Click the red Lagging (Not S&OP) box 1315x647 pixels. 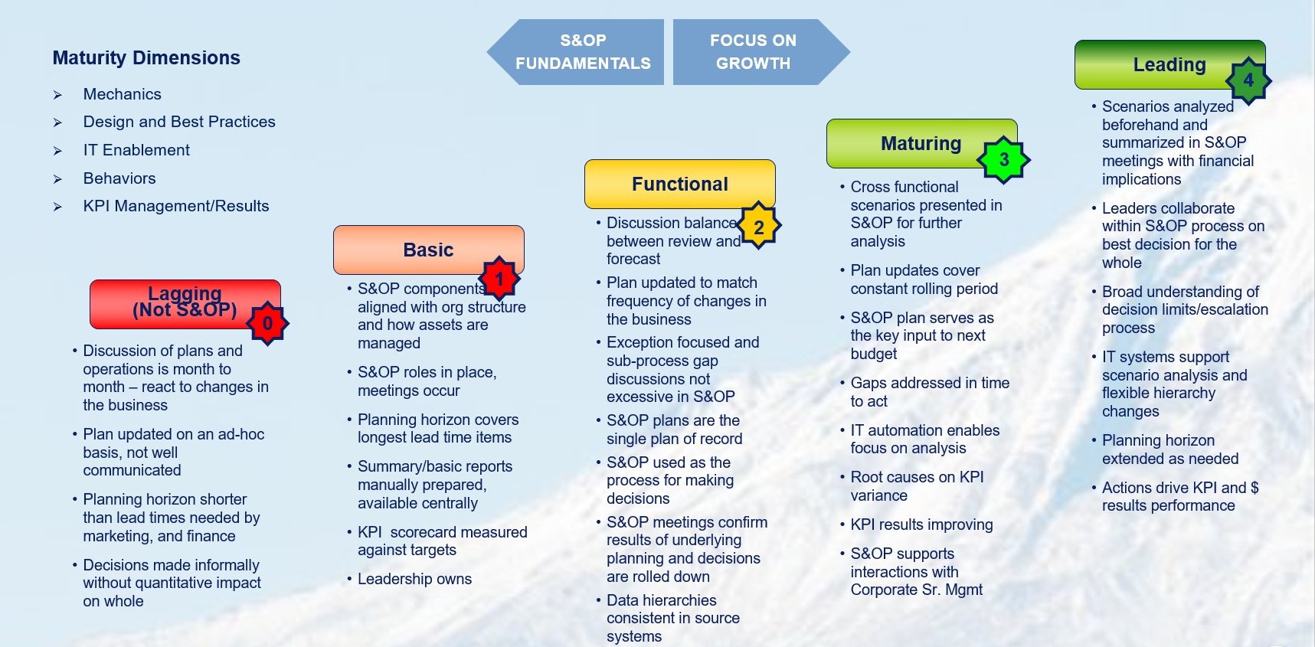click(185, 304)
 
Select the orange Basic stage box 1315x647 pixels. click(429, 250)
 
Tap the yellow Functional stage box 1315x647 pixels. click(680, 184)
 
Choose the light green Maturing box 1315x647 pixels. click(922, 143)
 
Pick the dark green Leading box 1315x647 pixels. click(1170, 64)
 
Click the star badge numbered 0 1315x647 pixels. click(267, 323)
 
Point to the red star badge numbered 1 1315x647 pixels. click(499, 279)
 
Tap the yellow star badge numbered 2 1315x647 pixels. click(759, 227)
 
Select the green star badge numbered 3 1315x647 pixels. click(1004, 159)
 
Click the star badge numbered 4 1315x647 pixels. click(1248, 80)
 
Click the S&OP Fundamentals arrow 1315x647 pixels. click(575, 52)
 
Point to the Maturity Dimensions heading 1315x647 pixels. click(146, 58)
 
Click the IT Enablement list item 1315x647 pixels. click(136, 150)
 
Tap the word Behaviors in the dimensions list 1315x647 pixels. click(119, 178)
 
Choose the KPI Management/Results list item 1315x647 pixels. click(176, 206)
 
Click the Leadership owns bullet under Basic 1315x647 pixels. click(414, 579)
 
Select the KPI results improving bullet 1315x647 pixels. click(921, 524)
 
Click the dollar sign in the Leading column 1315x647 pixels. click(1254, 488)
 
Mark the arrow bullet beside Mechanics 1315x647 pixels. click(57, 95)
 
